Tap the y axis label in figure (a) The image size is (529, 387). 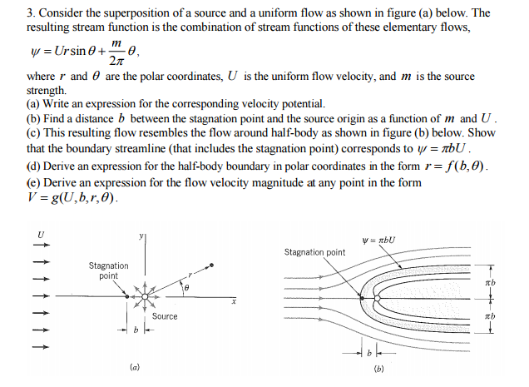[x=141, y=238]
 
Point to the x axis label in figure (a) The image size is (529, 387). [x=235, y=303]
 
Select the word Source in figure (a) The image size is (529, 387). [x=165, y=316]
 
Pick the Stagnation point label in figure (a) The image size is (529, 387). [x=108, y=270]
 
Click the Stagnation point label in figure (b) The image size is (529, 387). [x=314, y=252]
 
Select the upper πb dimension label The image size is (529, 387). [x=491, y=284]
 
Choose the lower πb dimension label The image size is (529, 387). [x=491, y=316]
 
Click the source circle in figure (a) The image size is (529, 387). [x=146, y=295]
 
